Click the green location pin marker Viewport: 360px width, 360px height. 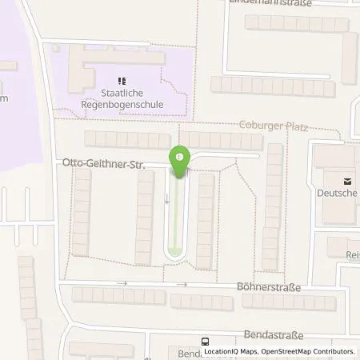179,161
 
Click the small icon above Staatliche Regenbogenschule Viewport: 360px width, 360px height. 122,80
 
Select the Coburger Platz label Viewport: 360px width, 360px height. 274,126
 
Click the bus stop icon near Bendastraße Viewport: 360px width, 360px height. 205,339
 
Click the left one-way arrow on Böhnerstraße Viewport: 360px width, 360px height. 122,283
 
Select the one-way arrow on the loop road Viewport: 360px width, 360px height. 167,198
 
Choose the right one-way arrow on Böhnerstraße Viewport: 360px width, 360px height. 183,284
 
